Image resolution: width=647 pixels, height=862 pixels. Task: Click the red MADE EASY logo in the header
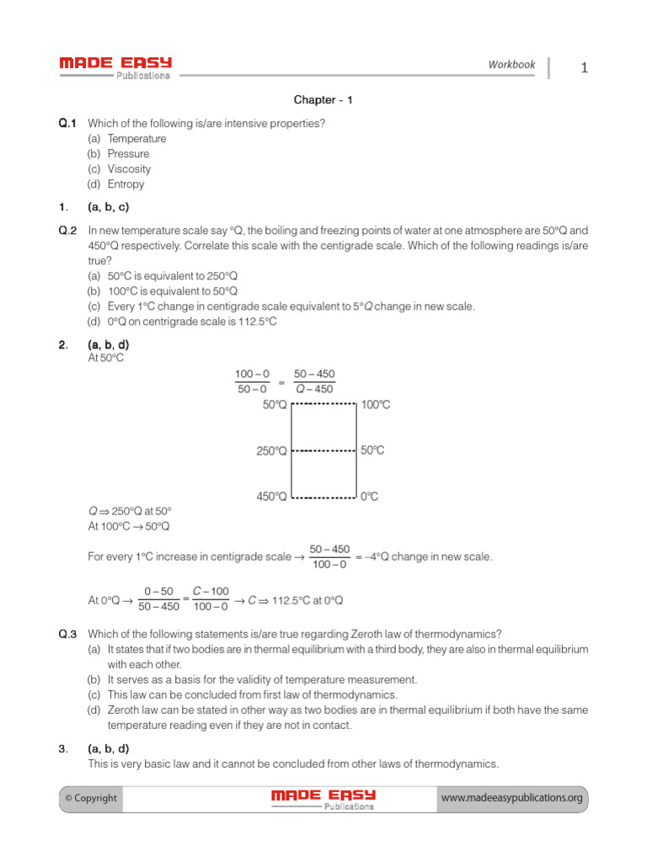(115, 63)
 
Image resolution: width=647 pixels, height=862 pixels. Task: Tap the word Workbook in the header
(511, 65)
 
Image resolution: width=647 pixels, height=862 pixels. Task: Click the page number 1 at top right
(584, 68)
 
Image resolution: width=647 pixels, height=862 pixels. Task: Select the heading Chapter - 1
(323, 100)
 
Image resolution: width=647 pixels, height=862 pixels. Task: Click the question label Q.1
(67, 124)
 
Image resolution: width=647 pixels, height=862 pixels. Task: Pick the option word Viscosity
(129, 169)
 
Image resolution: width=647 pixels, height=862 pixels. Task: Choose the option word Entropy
(126, 184)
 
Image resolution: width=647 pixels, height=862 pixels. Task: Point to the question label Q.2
(67, 230)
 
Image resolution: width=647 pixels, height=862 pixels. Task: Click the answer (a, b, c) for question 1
(109, 207)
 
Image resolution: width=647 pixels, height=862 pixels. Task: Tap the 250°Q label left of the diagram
(271, 451)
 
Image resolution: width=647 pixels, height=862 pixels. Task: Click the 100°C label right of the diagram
(376, 405)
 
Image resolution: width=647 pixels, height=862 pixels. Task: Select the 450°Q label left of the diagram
(271, 497)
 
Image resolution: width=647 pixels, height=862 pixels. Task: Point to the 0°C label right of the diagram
(370, 497)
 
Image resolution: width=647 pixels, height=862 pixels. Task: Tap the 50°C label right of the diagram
(372, 450)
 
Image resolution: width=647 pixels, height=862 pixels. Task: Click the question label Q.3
(67, 634)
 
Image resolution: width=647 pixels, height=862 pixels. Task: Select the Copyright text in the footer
(90, 798)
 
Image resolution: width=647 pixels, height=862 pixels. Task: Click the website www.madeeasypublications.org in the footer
(511, 798)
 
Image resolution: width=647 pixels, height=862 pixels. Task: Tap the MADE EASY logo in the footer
(323, 798)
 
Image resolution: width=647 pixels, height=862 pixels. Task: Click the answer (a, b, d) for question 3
(109, 749)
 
